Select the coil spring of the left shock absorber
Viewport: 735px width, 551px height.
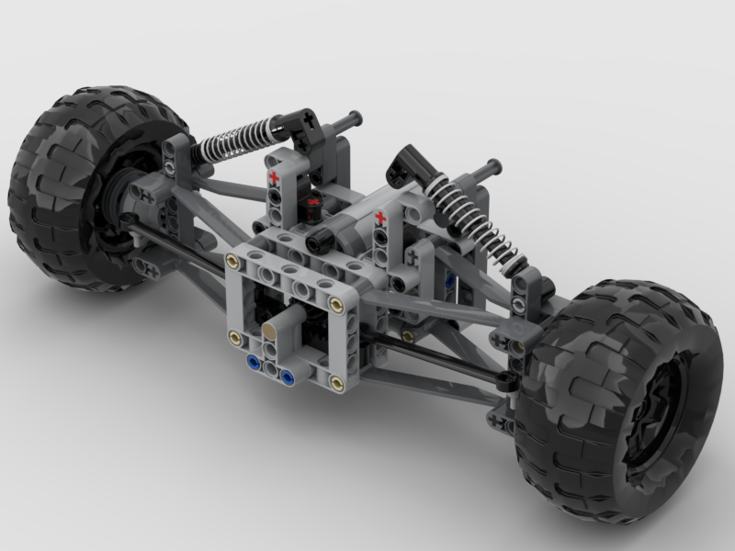click(234, 139)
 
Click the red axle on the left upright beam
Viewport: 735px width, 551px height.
click(272, 175)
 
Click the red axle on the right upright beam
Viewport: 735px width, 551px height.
click(379, 218)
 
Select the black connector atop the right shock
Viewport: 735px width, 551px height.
click(410, 164)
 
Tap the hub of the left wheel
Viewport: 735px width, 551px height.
click(115, 197)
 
